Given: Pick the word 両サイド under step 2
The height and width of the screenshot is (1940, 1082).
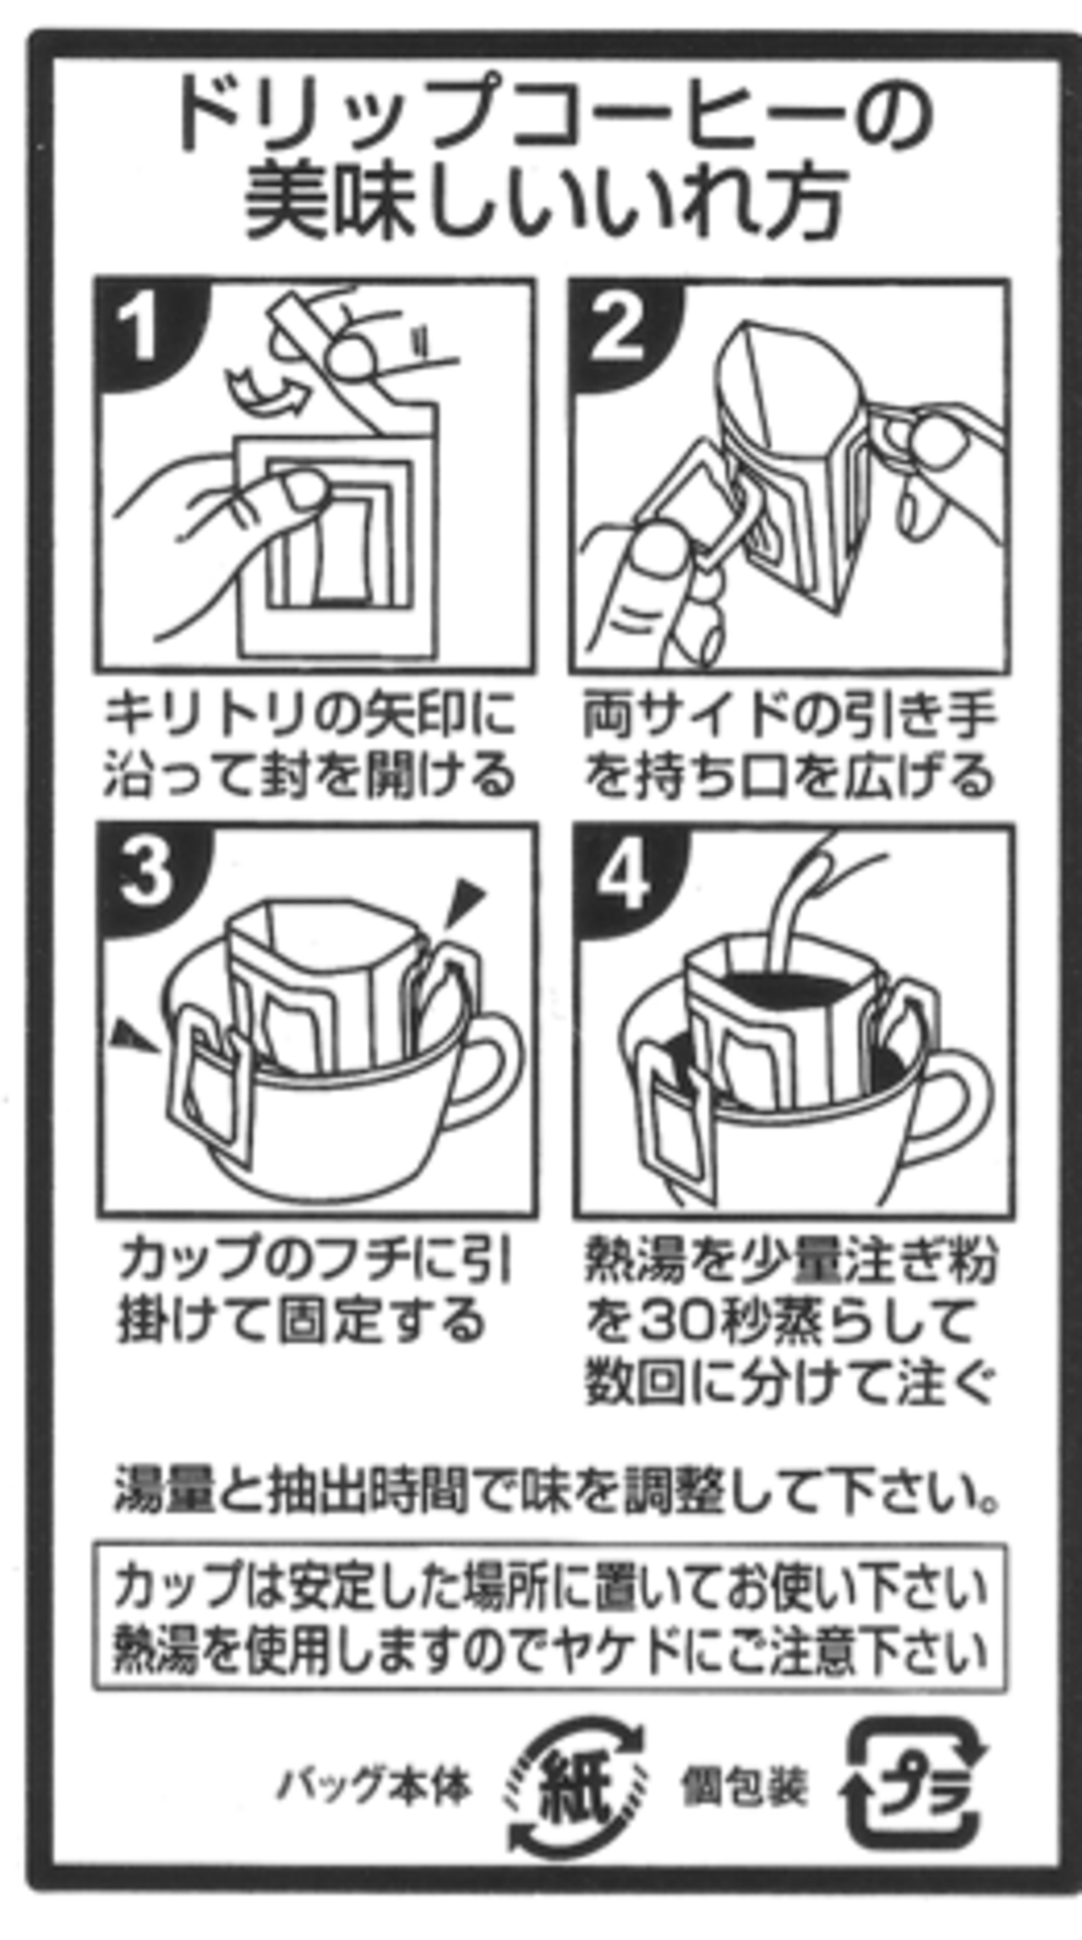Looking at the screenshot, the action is tap(681, 714).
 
